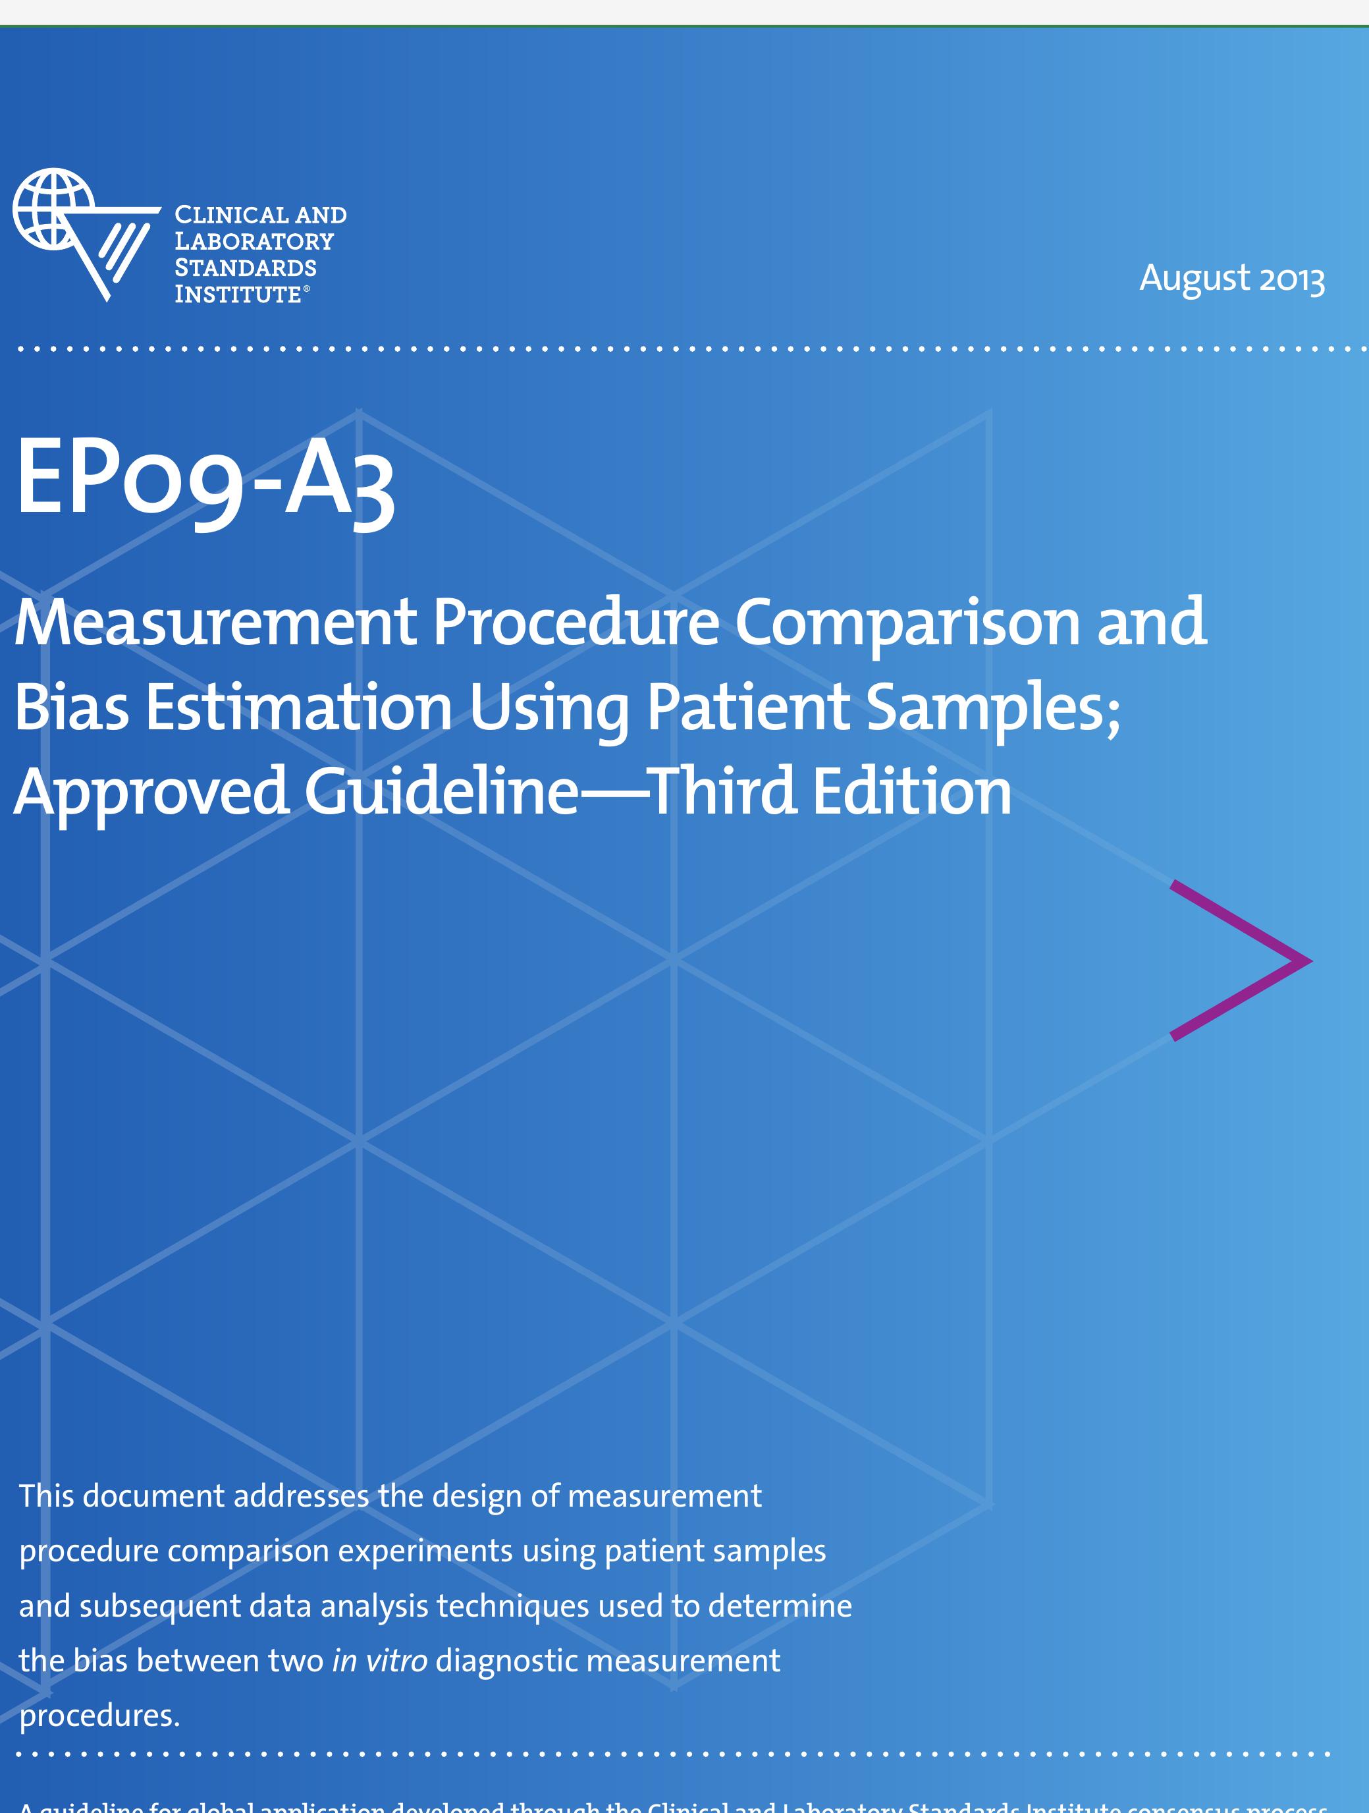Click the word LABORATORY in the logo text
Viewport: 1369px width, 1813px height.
click(254, 242)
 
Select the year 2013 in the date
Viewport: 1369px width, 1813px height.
click(1291, 279)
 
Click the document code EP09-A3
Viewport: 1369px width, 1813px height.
click(205, 480)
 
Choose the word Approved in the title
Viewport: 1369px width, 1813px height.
click(151, 792)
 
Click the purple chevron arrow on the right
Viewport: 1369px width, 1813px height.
click(1241, 960)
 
